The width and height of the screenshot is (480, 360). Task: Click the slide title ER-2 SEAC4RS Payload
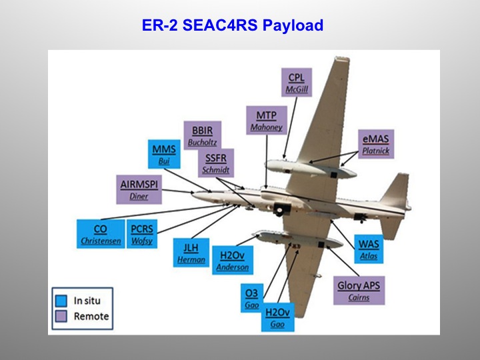click(x=233, y=26)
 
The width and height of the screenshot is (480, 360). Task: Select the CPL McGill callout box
click(x=297, y=83)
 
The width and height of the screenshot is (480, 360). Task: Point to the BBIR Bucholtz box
click(x=203, y=135)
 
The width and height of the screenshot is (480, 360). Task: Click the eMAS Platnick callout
click(x=375, y=144)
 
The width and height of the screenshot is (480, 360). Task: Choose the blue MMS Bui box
click(x=164, y=155)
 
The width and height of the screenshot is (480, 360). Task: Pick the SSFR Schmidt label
click(x=216, y=163)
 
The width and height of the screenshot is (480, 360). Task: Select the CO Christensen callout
click(x=101, y=234)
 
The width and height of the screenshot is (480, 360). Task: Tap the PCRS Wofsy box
click(x=141, y=234)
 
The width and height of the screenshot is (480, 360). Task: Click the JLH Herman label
click(x=191, y=253)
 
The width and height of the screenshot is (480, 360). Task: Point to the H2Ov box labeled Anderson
click(x=232, y=260)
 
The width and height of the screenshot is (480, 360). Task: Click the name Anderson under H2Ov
click(x=232, y=267)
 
